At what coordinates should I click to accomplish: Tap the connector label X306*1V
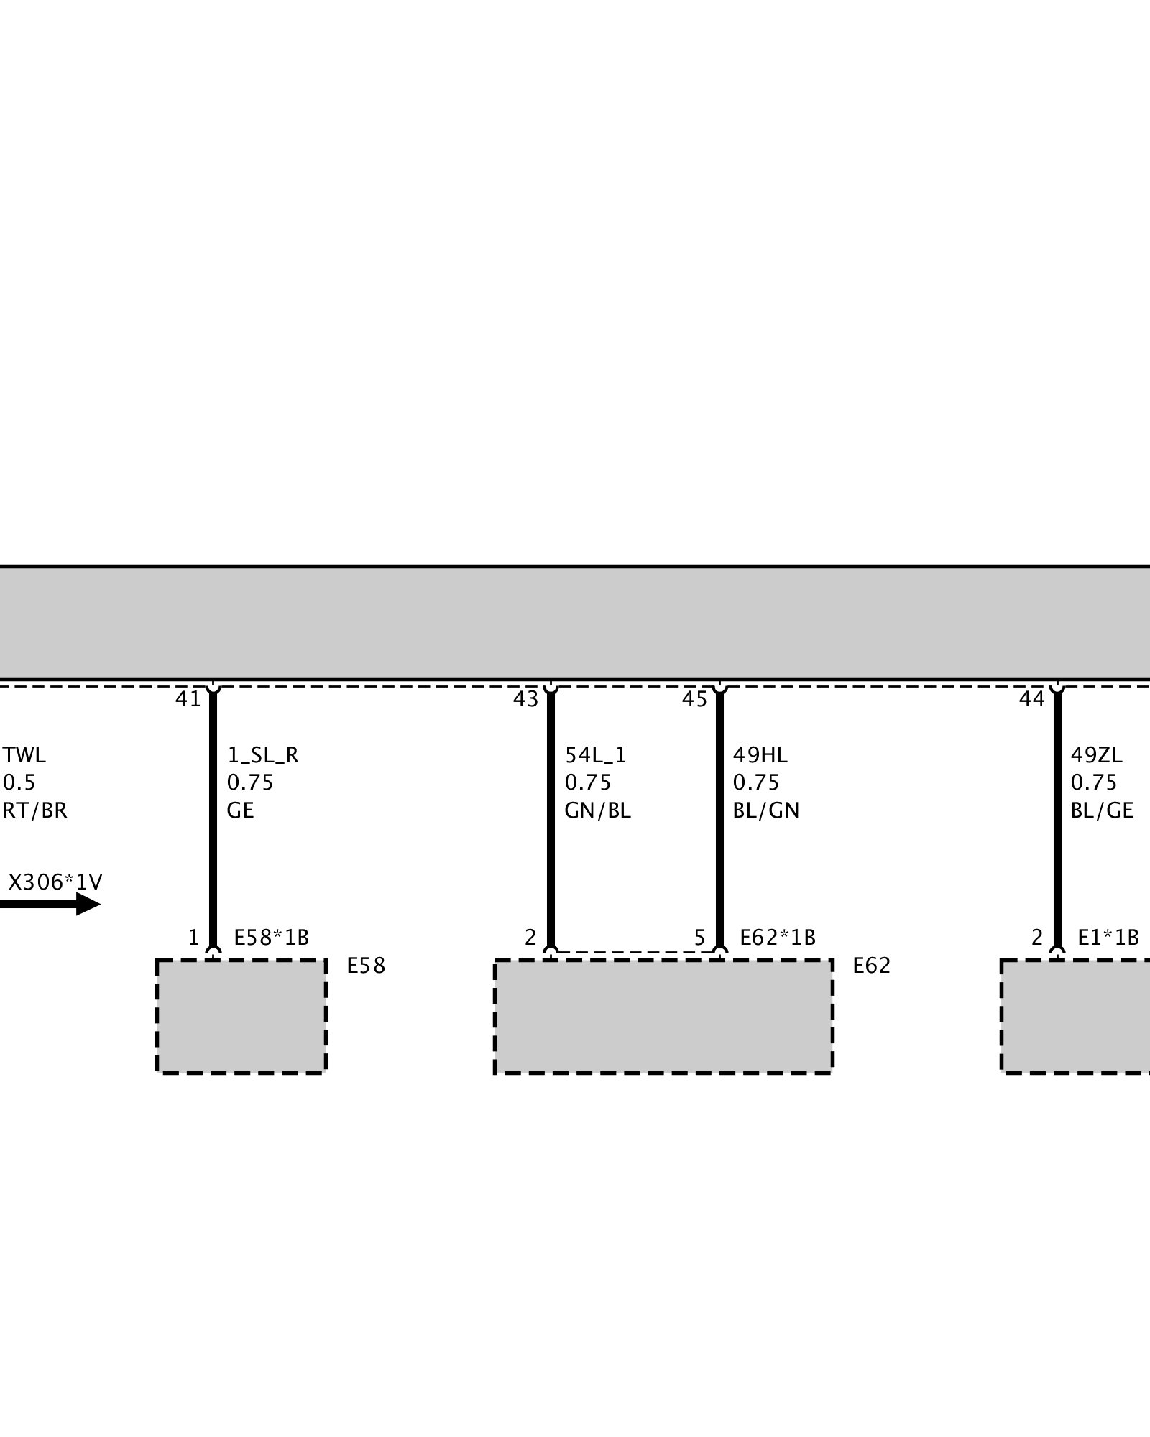[x=55, y=882]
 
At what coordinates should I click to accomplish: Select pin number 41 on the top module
[x=188, y=699]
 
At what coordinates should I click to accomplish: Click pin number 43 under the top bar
[x=525, y=699]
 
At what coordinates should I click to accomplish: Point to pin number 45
[x=695, y=699]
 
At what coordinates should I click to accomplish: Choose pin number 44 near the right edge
[x=1032, y=699]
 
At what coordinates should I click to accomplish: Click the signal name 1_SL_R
[x=263, y=755]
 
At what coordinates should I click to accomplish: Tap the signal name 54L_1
[x=596, y=755]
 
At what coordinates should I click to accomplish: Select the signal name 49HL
[x=760, y=755]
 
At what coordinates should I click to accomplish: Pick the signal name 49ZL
[x=1097, y=755]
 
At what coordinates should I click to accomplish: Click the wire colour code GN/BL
[x=598, y=810]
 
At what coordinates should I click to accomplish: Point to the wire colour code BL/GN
[x=766, y=810]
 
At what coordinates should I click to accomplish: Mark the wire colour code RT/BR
[x=35, y=810]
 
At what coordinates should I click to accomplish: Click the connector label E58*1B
[x=272, y=938]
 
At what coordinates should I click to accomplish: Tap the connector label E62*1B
[x=778, y=938]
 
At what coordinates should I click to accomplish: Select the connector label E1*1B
[x=1108, y=938]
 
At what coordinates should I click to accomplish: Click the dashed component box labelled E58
[x=241, y=1016]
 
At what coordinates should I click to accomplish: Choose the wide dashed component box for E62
[x=663, y=1016]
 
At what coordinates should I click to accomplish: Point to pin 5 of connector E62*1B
[x=699, y=938]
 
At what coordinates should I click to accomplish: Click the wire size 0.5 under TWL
[x=19, y=782]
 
